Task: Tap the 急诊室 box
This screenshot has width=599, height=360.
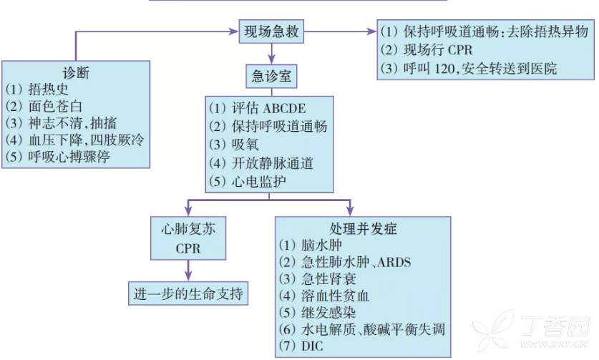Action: (x=271, y=76)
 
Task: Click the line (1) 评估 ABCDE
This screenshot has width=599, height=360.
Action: (x=257, y=110)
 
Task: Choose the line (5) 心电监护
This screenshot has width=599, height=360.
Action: (x=248, y=181)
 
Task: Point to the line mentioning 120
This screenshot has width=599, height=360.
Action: (x=469, y=69)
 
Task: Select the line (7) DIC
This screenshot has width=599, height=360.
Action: (x=306, y=347)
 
